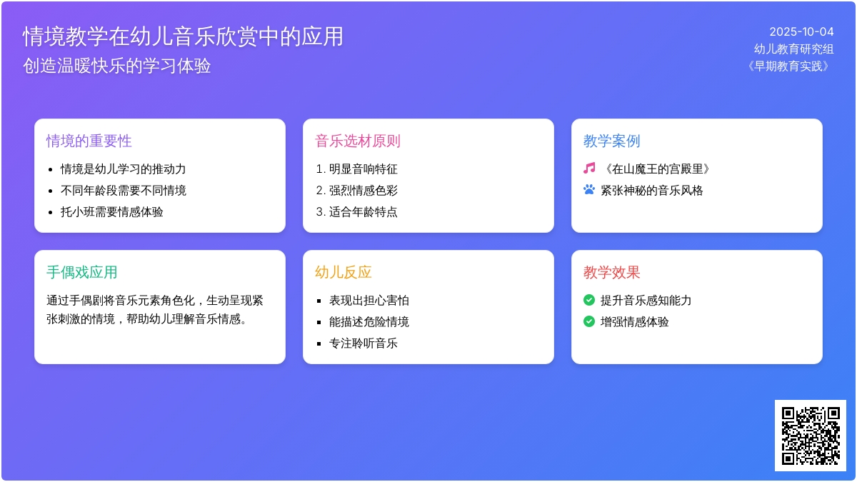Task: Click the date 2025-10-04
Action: pos(801,31)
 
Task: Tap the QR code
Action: pos(811,436)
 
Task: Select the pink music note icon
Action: pos(589,169)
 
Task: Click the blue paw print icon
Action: pos(589,190)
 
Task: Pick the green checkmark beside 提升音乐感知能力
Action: pos(589,301)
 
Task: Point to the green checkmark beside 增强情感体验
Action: pos(589,322)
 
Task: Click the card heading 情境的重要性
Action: pos(89,141)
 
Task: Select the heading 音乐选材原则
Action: pos(358,141)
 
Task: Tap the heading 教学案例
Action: pos(612,141)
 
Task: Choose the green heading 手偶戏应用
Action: pos(82,273)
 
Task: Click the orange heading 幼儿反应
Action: pos(344,273)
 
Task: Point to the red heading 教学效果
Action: pos(612,273)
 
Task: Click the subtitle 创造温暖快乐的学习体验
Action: pos(116,66)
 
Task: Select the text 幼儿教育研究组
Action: pos(794,49)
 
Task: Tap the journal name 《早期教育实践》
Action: pos(788,66)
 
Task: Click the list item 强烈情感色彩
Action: pos(364,191)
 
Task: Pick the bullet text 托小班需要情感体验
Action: pos(111,212)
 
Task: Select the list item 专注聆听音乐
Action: pos(364,343)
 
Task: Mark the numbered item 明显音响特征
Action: pos(364,169)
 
